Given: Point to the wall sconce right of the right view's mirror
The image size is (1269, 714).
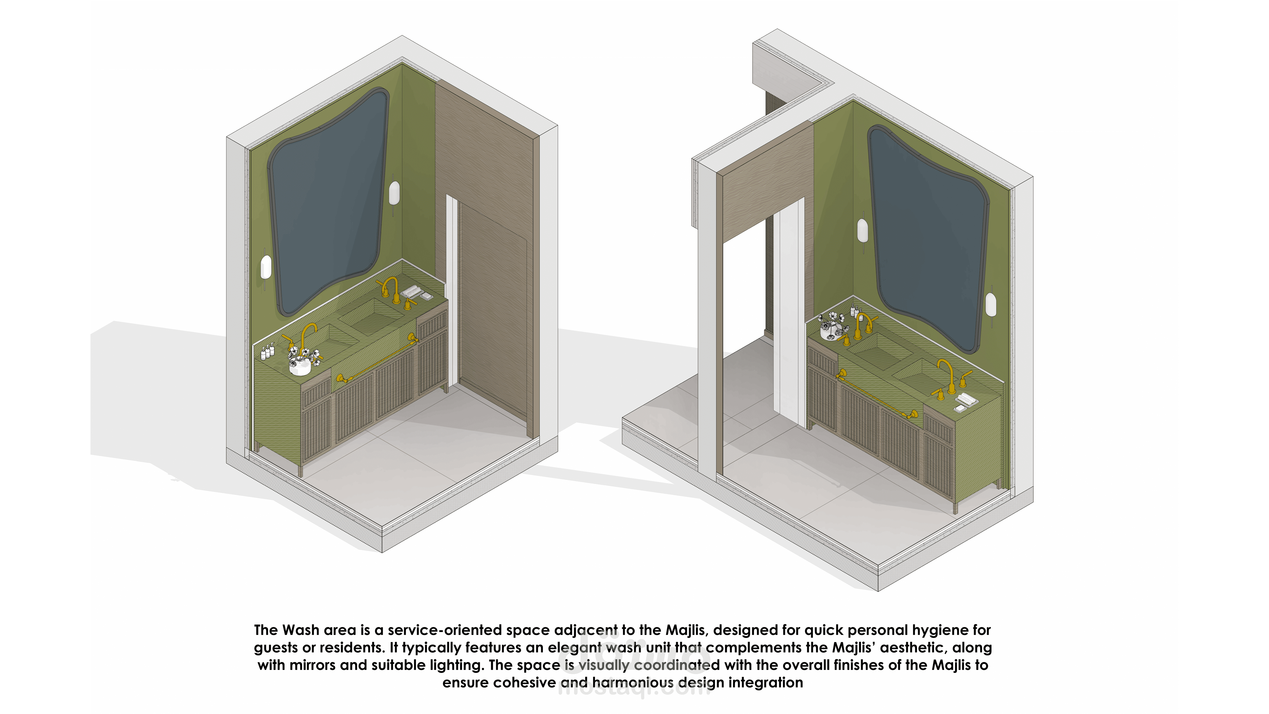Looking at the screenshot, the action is [991, 305].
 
